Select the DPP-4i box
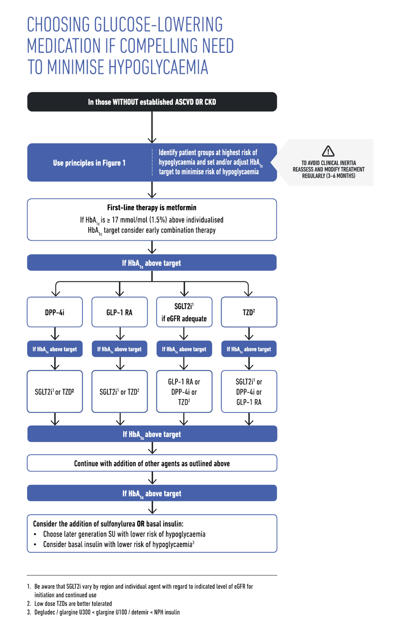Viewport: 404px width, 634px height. point(55,312)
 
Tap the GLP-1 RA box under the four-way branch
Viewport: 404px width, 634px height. point(120,312)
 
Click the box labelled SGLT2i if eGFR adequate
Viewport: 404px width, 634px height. point(184,312)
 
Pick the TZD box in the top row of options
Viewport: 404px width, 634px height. point(249,312)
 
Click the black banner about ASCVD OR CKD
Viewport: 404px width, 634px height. point(152,102)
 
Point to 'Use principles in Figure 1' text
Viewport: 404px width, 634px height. point(89,163)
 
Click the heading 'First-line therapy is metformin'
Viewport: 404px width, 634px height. point(152,207)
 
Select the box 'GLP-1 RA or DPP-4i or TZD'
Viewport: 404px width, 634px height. point(184,391)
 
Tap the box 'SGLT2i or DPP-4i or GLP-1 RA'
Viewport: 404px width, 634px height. point(249,391)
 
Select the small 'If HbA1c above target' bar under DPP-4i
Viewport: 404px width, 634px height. point(55,349)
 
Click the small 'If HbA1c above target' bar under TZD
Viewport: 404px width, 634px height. point(249,349)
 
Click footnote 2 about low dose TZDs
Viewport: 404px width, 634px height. point(70,604)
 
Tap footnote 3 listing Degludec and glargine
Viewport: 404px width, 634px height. point(104,612)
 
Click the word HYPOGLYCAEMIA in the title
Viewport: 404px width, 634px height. point(158,67)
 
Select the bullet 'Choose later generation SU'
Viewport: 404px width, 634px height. point(120,534)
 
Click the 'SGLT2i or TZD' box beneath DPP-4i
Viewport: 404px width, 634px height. point(55,391)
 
